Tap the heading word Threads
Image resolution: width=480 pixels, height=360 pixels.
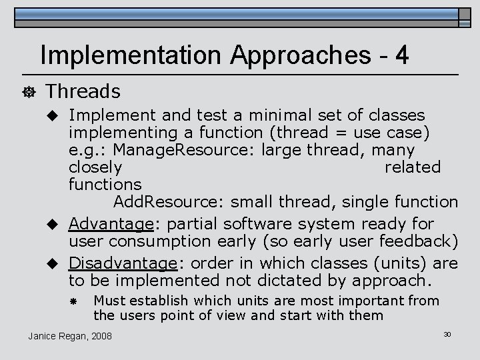click(84, 91)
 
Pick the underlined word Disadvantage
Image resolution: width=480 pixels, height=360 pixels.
click(123, 263)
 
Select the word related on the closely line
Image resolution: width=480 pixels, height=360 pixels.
click(413, 167)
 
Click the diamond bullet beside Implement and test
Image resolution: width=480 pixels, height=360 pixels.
click(57, 116)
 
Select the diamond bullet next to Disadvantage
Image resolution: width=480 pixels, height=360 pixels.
click(57, 263)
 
